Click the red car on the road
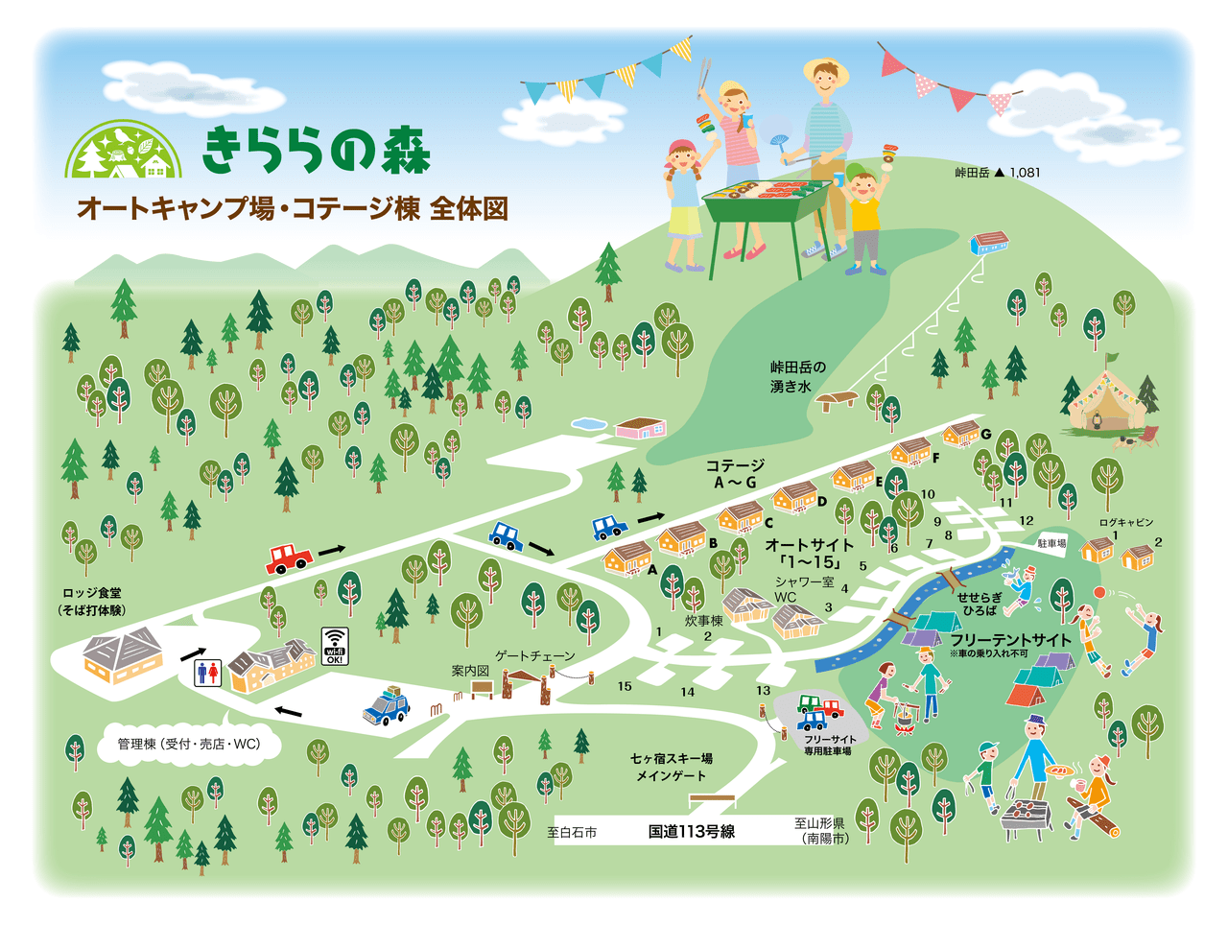289,557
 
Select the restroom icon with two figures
207,672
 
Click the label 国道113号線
691,832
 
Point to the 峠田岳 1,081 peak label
997,173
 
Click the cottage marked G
960,435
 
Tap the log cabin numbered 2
1138,556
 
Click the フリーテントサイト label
1010,640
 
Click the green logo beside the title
123,151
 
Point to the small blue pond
588,424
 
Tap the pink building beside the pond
640,427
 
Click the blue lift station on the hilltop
989,243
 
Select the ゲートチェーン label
535,655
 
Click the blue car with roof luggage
387,706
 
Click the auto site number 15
625,686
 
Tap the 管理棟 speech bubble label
189,744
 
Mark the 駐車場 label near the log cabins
1051,543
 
